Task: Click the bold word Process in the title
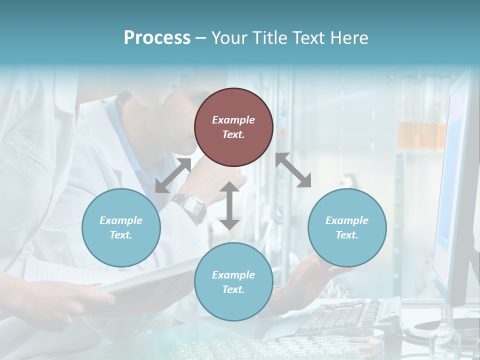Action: coord(157,38)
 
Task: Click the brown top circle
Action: coord(233,127)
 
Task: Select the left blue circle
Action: coord(121,227)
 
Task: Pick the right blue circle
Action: coord(346,227)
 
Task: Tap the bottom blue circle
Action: coord(233,281)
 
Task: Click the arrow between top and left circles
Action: coord(173,175)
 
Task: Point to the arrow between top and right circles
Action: coord(293,170)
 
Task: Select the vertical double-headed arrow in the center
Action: coord(229,206)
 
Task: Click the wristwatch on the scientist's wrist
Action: coord(190,206)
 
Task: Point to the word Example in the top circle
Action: coord(233,120)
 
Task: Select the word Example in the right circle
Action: coord(346,220)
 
